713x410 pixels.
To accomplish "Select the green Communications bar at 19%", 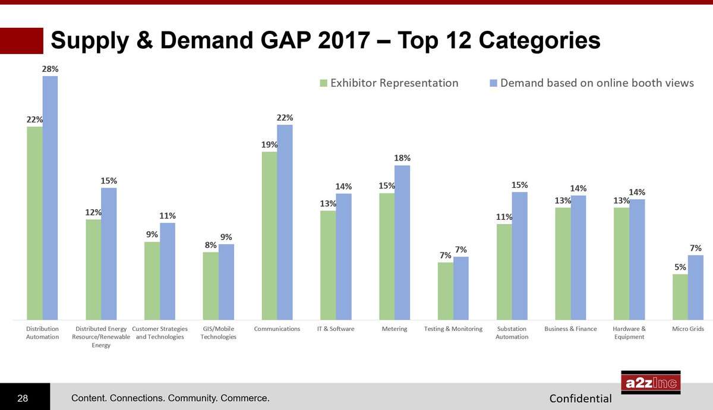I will [x=269, y=235].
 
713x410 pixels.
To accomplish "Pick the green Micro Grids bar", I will [x=680, y=296].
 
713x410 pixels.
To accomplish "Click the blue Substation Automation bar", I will [x=519, y=255].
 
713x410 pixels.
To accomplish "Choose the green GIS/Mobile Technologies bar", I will [x=210, y=285].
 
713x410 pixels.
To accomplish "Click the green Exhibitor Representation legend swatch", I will [x=323, y=83].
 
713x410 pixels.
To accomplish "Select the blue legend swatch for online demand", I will [x=493, y=83].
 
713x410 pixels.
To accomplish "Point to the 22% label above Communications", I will [x=285, y=118].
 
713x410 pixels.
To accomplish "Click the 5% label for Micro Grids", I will [x=680, y=267].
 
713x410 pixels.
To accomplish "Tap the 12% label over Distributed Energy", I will [x=93, y=212].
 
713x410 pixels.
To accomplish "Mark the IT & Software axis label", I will [x=336, y=329].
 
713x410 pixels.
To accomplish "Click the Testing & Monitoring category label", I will [x=453, y=329].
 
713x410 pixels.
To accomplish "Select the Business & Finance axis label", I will [x=570, y=329].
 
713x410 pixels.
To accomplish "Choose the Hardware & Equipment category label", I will [x=629, y=333].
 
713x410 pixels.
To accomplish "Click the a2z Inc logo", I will [x=651, y=383].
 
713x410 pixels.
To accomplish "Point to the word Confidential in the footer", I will [x=581, y=398].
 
